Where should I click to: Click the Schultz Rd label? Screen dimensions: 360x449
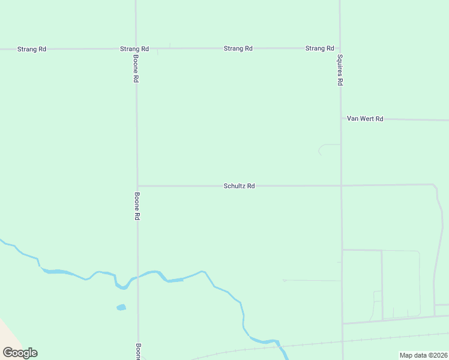tap(240, 186)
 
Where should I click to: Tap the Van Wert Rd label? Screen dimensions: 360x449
tap(365, 119)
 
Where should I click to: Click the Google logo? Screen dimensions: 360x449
tap(20, 353)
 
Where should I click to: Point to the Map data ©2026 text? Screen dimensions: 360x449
tap(423, 355)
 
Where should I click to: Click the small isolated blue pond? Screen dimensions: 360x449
tap(121, 307)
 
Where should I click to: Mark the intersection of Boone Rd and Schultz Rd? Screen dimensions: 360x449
tap(137, 186)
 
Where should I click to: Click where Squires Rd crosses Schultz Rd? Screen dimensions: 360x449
tap(341, 185)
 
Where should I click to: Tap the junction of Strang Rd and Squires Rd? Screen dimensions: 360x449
tap(340, 48)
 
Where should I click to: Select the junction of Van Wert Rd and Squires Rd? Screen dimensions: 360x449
tap(340, 119)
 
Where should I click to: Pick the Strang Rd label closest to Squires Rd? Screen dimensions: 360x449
tap(319, 48)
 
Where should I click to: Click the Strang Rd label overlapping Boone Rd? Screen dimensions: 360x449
tap(134, 49)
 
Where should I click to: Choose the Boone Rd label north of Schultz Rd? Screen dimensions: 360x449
tap(136, 70)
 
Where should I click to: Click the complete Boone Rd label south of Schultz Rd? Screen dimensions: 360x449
tap(137, 206)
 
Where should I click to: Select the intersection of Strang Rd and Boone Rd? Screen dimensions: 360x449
tap(136, 49)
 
